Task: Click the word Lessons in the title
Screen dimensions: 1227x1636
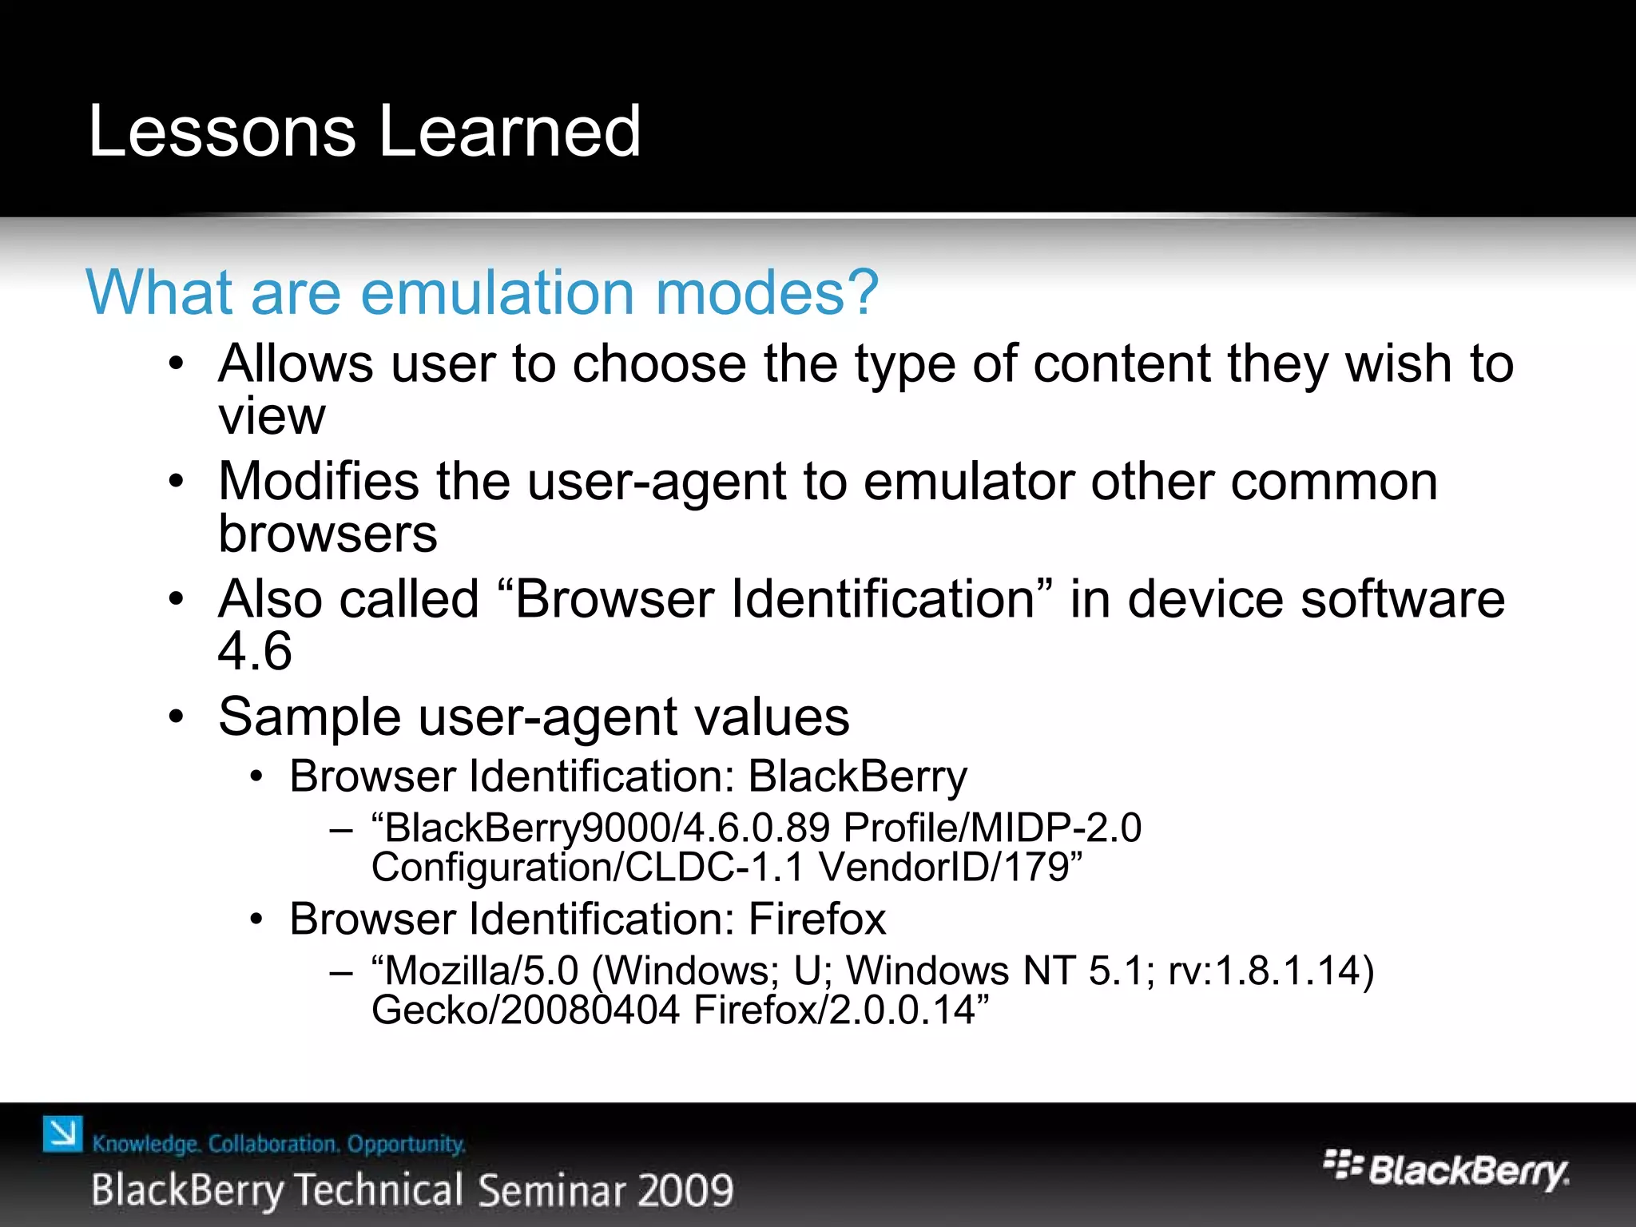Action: click(221, 131)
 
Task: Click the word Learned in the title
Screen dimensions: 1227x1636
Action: click(510, 131)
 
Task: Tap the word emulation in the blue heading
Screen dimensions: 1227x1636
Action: click(498, 292)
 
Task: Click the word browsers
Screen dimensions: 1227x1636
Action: click(328, 534)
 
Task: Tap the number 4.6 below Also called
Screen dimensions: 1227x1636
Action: click(255, 651)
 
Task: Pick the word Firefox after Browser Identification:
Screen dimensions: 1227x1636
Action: click(816, 919)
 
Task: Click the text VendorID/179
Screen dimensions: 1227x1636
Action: click(951, 868)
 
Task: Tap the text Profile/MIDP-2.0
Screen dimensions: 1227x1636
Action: click(992, 828)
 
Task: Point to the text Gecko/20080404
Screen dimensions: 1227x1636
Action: click(526, 1010)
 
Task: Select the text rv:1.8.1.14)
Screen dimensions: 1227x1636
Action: click(1271, 971)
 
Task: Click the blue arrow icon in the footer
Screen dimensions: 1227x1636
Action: click(62, 1134)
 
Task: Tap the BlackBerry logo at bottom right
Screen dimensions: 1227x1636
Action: click(1446, 1170)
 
